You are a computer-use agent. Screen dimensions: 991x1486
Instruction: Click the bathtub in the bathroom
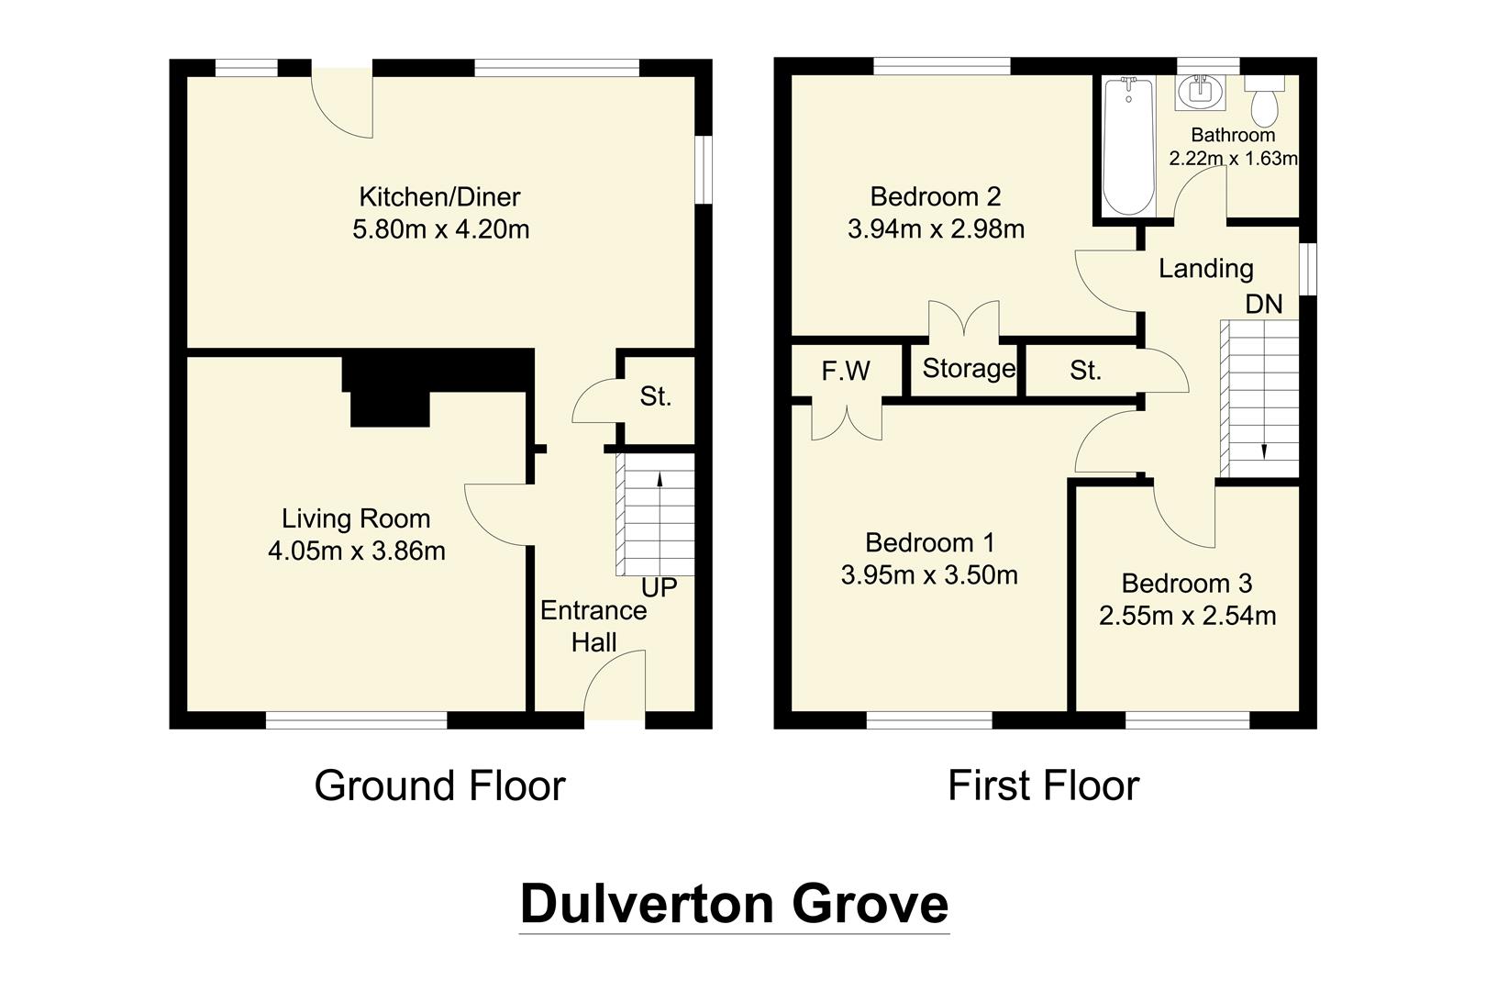pyautogui.click(x=1127, y=147)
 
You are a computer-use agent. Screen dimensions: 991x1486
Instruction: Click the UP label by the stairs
pyautogui.click(x=659, y=587)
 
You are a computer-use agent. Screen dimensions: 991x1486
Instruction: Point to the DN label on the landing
pyautogui.click(x=1263, y=305)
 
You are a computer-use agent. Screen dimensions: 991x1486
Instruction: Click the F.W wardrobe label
pyautogui.click(x=846, y=372)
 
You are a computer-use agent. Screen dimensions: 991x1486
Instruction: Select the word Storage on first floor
pyautogui.click(x=968, y=369)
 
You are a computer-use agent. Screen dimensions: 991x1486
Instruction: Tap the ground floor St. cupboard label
pyautogui.click(x=655, y=396)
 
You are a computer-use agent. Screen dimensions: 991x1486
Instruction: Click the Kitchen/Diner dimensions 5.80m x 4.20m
pyautogui.click(x=440, y=229)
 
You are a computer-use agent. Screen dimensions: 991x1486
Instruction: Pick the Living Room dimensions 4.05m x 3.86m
pyautogui.click(x=356, y=551)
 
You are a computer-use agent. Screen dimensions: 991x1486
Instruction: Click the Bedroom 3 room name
pyautogui.click(x=1186, y=584)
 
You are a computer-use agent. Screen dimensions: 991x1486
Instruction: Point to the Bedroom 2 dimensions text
pyautogui.click(x=936, y=229)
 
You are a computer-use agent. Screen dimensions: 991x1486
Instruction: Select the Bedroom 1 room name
pyautogui.click(x=929, y=542)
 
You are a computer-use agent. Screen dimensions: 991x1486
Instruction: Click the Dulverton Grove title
pyautogui.click(x=734, y=904)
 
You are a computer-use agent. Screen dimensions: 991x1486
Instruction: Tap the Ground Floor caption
pyautogui.click(x=439, y=786)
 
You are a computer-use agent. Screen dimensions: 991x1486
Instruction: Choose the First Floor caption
pyautogui.click(x=1043, y=786)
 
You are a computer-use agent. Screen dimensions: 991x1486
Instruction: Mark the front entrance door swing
pyautogui.click(x=616, y=684)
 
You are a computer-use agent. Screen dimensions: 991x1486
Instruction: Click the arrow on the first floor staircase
pyautogui.click(x=1264, y=450)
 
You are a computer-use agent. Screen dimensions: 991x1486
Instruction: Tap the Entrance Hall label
pyautogui.click(x=593, y=627)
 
